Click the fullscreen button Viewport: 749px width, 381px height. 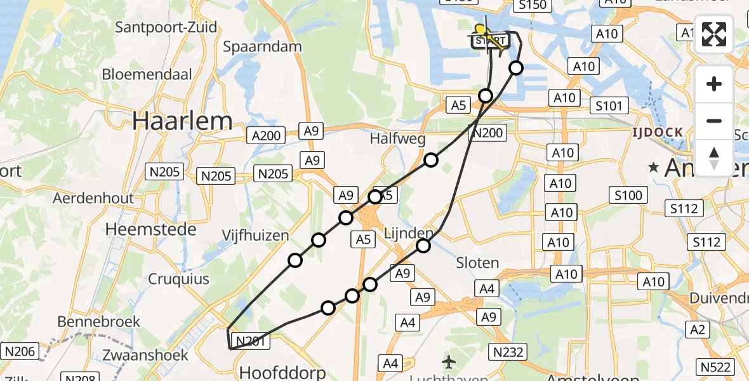point(714,34)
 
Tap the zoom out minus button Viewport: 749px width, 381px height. point(714,121)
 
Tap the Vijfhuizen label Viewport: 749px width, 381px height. point(255,236)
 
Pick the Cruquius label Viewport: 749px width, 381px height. point(169,279)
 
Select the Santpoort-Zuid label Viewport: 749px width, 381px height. point(166,27)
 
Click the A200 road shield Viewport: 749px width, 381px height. point(267,135)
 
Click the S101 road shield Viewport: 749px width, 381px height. point(608,105)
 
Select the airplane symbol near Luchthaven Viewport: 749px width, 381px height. point(449,363)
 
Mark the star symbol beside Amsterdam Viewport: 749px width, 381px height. point(653,167)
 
